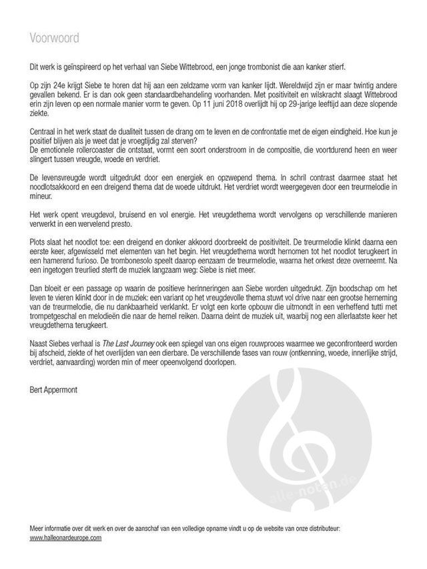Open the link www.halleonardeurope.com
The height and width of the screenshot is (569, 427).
pyautogui.click(x=65, y=538)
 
